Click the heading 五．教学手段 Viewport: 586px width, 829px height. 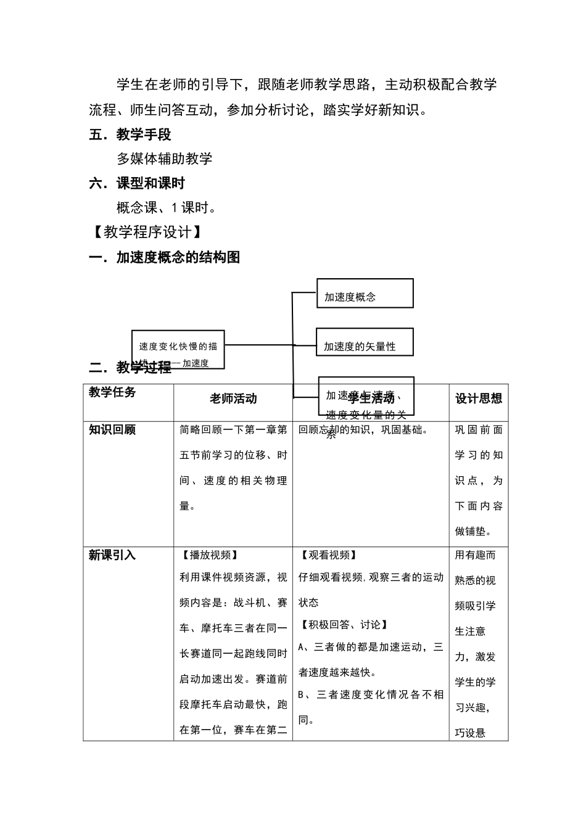(130, 134)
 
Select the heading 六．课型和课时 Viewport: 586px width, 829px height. (137, 183)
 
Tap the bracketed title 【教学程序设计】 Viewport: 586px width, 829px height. (147, 232)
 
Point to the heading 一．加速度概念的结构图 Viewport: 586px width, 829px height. (165, 258)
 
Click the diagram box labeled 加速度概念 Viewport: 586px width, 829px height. (364, 294)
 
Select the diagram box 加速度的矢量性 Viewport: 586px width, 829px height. (364, 342)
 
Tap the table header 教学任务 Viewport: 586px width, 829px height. (112, 392)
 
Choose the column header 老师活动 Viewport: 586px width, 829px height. (233, 399)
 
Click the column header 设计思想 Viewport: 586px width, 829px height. (479, 399)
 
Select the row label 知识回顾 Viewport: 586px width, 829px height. (112, 430)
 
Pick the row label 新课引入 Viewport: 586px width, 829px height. (112, 555)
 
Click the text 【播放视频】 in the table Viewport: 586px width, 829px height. (208, 555)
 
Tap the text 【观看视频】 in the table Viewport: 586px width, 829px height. (328, 555)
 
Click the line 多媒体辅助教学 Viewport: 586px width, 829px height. (165, 159)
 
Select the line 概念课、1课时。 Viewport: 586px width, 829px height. (167, 208)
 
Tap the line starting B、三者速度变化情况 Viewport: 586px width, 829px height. (371, 695)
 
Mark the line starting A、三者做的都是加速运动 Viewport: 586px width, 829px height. (371, 647)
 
